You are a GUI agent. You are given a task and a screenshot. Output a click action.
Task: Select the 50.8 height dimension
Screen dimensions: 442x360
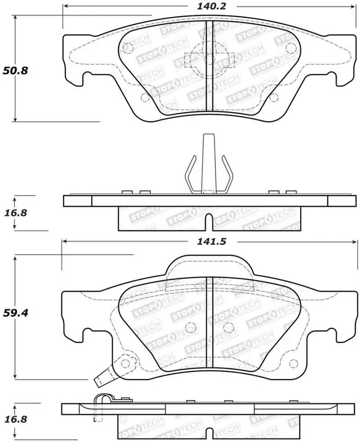tap(15, 71)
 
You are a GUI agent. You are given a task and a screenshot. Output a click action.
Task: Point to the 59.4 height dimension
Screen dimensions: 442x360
tap(15, 313)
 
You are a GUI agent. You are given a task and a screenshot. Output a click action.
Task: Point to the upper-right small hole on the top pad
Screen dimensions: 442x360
tap(288, 49)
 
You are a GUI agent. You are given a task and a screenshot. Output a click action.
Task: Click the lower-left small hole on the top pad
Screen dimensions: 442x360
tap(145, 98)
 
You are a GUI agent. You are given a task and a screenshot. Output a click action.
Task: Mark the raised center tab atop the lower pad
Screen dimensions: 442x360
tap(208, 265)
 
